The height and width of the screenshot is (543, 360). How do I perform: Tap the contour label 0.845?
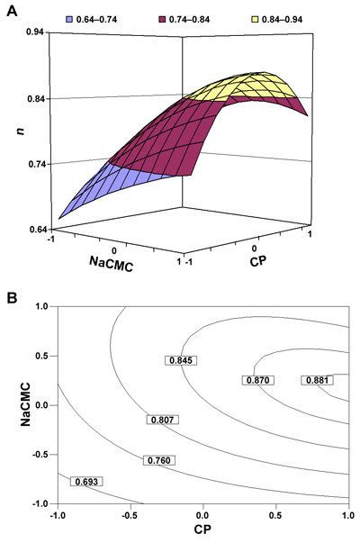pyautogui.click(x=179, y=360)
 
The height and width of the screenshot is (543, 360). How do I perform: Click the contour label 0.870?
pyautogui.click(x=256, y=380)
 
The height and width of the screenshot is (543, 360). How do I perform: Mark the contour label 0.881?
pyautogui.click(x=316, y=380)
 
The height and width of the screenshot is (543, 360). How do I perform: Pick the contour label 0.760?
pyautogui.click(x=158, y=461)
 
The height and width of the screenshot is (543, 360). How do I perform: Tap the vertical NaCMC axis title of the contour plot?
pyautogui.click(x=12, y=405)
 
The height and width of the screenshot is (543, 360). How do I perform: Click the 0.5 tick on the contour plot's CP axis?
pyautogui.click(x=275, y=514)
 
